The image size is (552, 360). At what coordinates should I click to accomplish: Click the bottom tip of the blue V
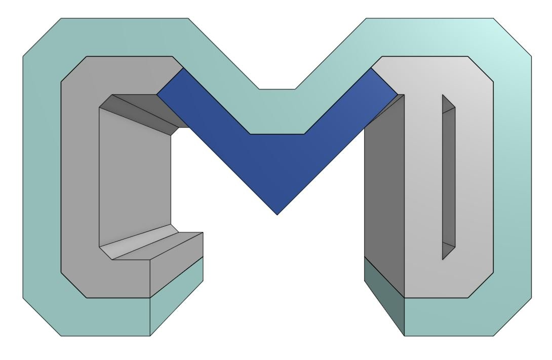[277, 212]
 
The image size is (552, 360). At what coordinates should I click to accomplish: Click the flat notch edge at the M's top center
[277, 90]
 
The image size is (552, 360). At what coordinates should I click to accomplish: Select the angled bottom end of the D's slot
[448, 251]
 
